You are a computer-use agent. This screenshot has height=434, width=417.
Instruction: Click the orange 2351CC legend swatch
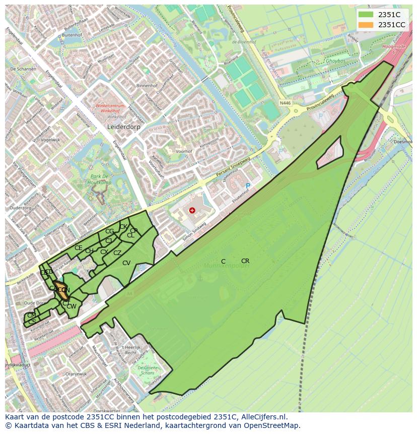click(367, 25)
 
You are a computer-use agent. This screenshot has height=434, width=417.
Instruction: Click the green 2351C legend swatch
click(367, 15)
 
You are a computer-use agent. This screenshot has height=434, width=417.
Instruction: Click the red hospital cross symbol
click(192, 210)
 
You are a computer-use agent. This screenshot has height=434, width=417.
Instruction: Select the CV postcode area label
click(126, 263)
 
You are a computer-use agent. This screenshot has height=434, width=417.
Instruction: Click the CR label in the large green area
click(245, 261)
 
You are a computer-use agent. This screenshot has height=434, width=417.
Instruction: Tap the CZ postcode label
click(117, 253)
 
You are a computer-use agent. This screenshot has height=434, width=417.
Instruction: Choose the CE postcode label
click(79, 248)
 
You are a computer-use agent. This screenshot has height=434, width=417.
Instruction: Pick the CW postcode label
click(72, 306)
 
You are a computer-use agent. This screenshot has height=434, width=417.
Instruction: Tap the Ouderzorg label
click(20, 208)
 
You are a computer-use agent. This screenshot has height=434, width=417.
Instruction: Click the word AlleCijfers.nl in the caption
click(264, 417)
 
